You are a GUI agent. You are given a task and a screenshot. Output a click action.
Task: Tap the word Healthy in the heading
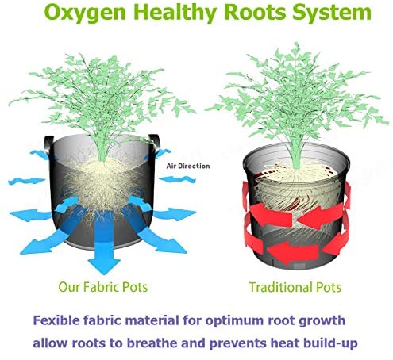click(x=176, y=13)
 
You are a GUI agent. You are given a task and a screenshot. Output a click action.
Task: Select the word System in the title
click(x=332, y=13)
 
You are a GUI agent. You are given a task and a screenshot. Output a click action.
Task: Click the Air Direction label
click(x=188, y=166)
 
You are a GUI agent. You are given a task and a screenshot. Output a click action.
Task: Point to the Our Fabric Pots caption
click(x=102, y=287)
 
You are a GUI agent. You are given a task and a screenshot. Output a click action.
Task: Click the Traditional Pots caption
click(x=295, y=287)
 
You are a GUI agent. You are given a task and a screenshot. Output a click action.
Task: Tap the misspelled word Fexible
click(x=56, y=320)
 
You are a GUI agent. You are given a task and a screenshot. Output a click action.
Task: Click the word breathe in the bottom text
click(x=154, y=343)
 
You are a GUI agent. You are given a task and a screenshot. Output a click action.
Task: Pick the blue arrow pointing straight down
click(x=104, y=246)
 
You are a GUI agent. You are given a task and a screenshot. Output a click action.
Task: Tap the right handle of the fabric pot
click(x=154, y=144)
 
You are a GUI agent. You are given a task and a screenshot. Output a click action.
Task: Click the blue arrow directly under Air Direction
click(x=177, y=180)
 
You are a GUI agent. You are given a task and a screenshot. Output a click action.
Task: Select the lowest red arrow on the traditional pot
click(x=292, y=252)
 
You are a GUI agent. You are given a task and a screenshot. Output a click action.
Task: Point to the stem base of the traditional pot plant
click(x=297, y=166)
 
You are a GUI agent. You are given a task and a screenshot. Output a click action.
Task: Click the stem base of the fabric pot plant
click(x=102, y=158)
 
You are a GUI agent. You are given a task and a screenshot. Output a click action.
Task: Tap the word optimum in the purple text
click(x=234, y=321)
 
